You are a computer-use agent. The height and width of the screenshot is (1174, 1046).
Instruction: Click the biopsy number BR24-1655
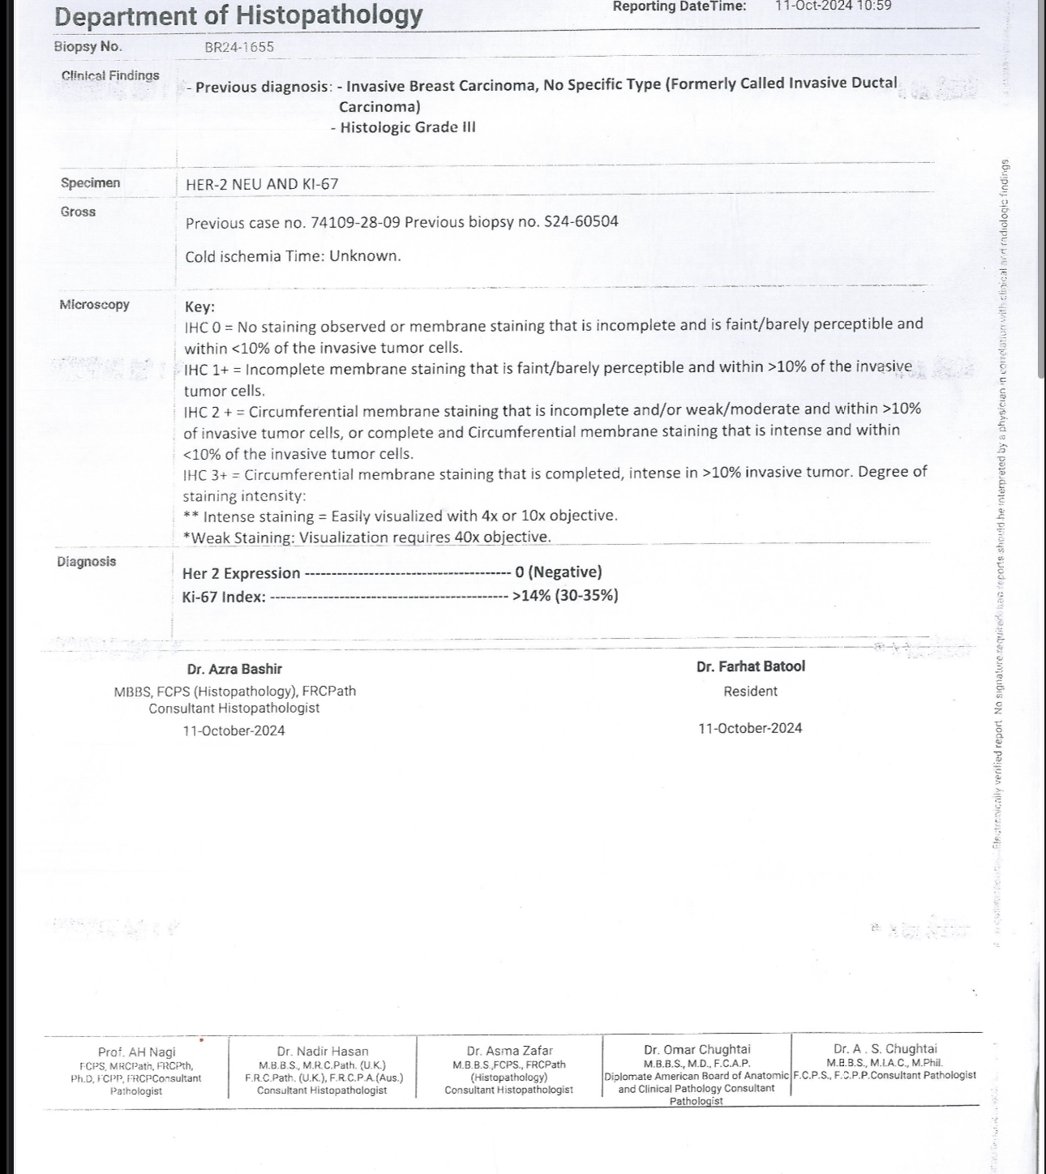[x=239, y=47]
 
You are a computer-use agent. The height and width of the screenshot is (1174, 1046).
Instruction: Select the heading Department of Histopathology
[x=238, y=15]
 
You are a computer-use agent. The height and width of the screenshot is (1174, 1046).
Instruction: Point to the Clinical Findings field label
[x=110, y=76]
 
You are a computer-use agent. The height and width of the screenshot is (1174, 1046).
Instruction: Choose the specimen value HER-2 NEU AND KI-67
[x=262, y=184]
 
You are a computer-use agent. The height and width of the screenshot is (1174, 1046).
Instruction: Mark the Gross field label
[x=78, y=212]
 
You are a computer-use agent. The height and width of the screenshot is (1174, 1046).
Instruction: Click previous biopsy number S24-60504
[x=581, y=221]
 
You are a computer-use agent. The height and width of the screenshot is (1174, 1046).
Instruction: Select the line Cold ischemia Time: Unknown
[x=293, y=256]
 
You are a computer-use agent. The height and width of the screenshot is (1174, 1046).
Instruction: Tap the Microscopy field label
[x=94, y=305]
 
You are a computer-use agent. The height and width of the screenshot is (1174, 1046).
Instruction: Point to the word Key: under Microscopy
[x=199, y=306]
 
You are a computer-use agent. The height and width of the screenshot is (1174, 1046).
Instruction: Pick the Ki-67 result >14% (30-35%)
[x=565, y=596]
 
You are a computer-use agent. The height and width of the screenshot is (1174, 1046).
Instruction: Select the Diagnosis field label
[x=87, y=562]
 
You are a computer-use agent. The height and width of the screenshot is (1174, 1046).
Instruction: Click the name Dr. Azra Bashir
[x=234, y=669]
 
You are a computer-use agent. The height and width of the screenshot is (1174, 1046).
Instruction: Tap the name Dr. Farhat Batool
[x=750, y=666]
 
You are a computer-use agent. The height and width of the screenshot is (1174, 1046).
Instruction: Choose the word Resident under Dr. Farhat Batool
[x=750, y=692]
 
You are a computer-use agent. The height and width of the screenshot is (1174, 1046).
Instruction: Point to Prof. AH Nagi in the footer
[x=136, y=1052]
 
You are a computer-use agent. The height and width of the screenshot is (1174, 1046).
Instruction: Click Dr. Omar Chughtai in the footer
[x=697, y=1049]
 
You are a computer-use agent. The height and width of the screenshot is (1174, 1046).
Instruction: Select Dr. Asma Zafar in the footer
[x=509, y=1051]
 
